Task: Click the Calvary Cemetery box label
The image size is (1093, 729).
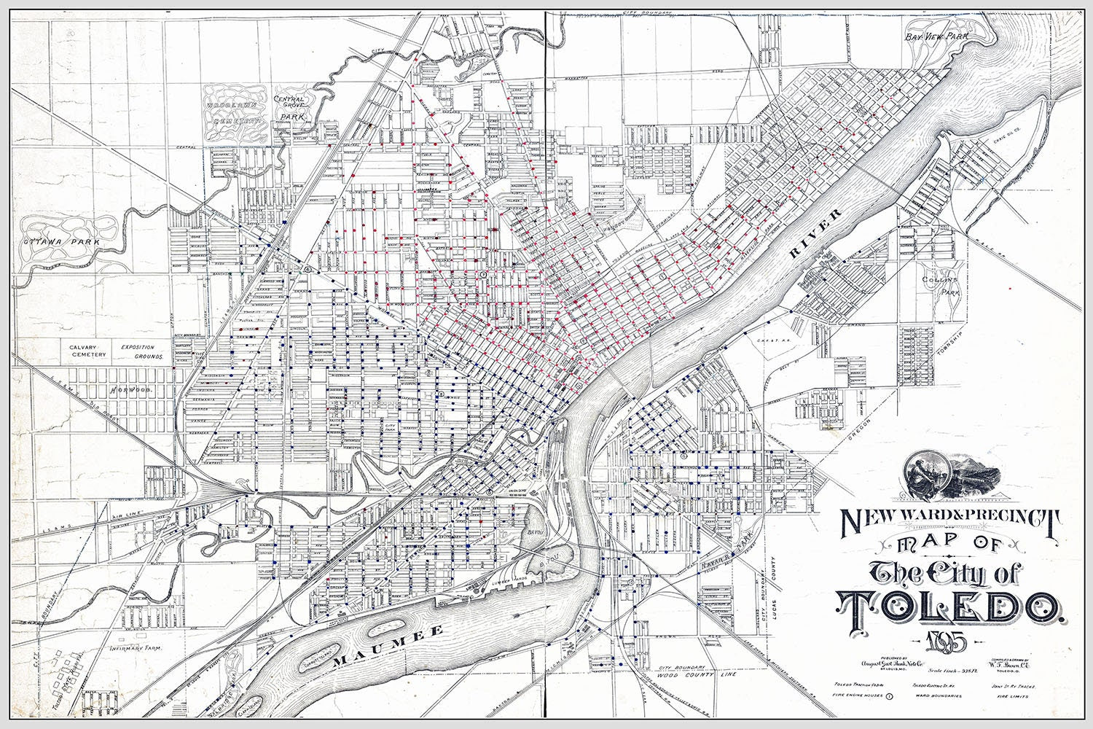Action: (x=87, y=351)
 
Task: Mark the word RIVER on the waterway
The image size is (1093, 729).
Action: (x=815, y=234)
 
